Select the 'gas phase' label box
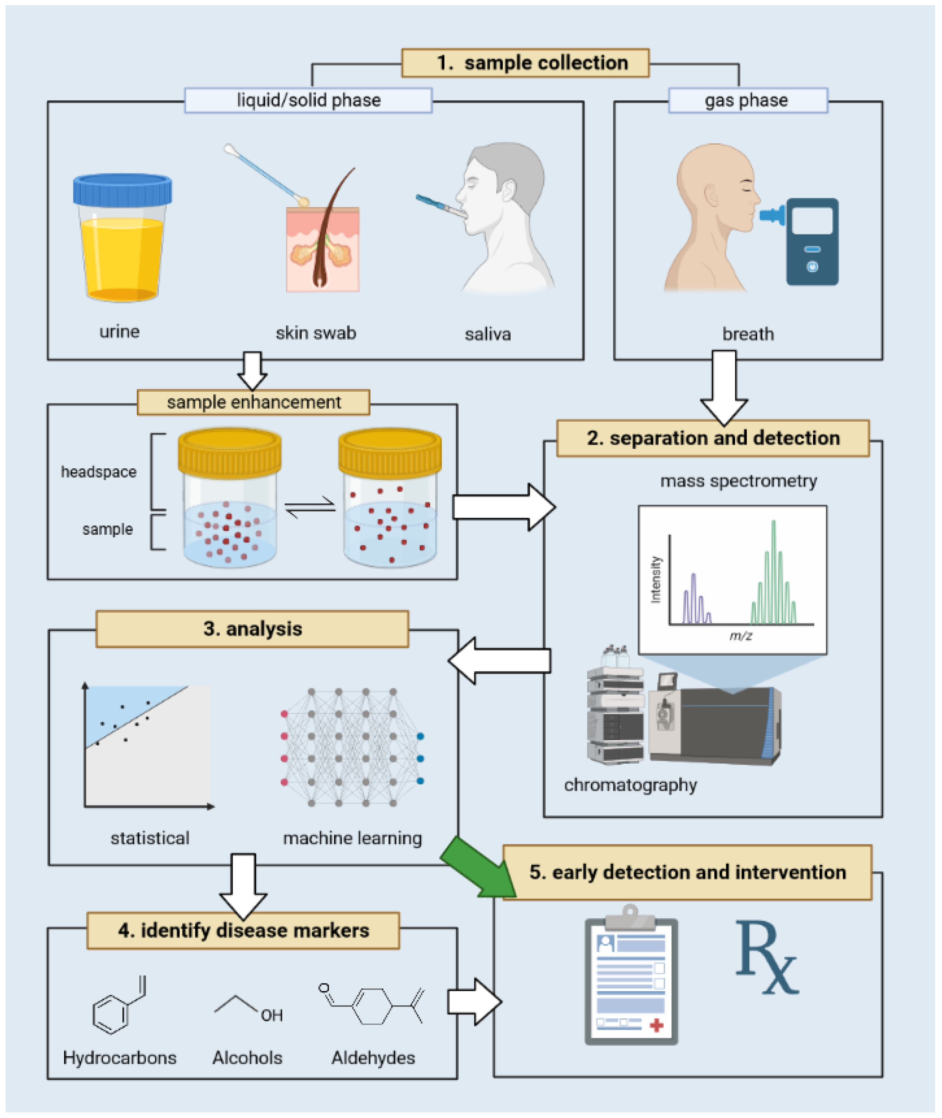coord(748,100)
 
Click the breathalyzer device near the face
coord(812,242)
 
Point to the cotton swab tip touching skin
coord(303,201)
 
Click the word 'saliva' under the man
coord(487,334)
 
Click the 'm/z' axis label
coord(741,635)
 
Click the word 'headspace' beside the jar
coord(99,472)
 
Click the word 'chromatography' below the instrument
coord(631,785)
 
